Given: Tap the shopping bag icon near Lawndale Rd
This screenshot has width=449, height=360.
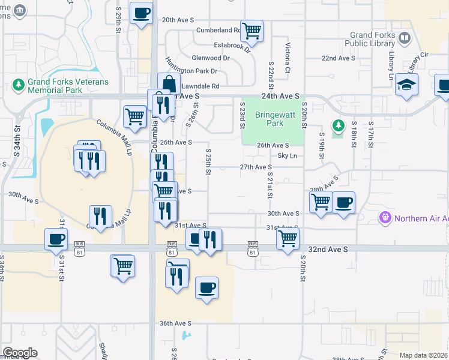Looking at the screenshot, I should pos(169,84).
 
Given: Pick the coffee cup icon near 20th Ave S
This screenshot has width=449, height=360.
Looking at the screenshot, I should pos(141,13).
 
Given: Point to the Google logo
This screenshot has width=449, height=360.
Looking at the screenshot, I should pos(20,353).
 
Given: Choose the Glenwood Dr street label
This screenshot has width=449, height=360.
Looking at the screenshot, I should pos(210,58).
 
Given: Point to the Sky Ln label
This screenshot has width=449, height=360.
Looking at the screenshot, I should pos(287,156).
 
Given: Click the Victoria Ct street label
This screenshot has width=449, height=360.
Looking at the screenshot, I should pos(288,59).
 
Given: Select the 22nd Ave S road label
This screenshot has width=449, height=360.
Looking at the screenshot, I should pos(338,58).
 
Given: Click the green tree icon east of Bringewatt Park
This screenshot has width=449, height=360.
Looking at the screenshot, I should pos(339,125).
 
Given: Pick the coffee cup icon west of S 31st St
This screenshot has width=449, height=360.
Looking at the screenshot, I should pos(56,239).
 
